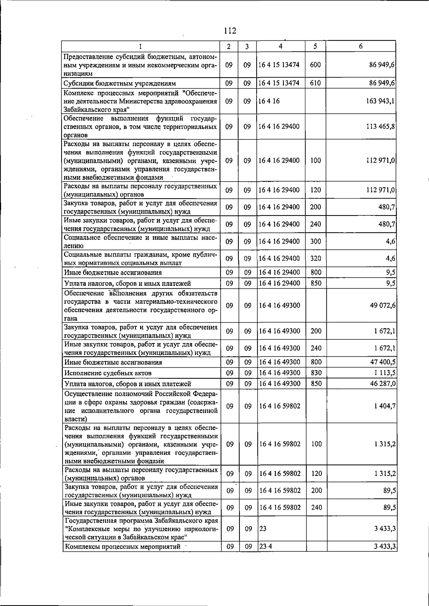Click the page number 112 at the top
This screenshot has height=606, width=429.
(x=230, y=31)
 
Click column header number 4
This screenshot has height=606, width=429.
(x=281, y=46)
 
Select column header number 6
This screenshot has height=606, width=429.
(x=361, y=46)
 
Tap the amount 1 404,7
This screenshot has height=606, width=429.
(x=385, y=406)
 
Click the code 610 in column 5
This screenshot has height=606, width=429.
(x=316, y=84)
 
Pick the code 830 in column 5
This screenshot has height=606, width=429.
(x=316, y=373)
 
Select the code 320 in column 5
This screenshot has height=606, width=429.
(x=316, y=258)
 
